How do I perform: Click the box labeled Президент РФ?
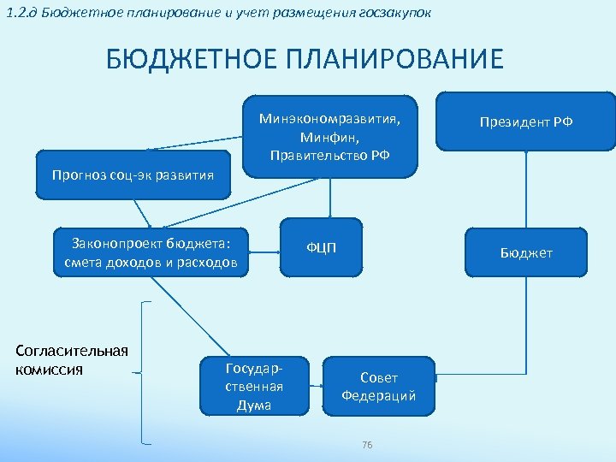[x=526, y=121]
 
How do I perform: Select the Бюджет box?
[x=526, y=252]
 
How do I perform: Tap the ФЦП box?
[x=322, y=248]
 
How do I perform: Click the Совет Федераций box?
[x=378, y=387]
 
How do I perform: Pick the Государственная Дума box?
[x=253, y=387]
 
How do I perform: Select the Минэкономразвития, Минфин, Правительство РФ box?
[x=329, y=134]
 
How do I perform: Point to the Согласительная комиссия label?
[x=72, y=360]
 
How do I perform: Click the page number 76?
[x=367, y=445]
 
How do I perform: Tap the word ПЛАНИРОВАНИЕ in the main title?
[x=384, y=61]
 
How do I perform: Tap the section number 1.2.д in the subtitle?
[x=20, y=11]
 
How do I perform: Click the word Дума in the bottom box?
[x=253, y=406]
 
